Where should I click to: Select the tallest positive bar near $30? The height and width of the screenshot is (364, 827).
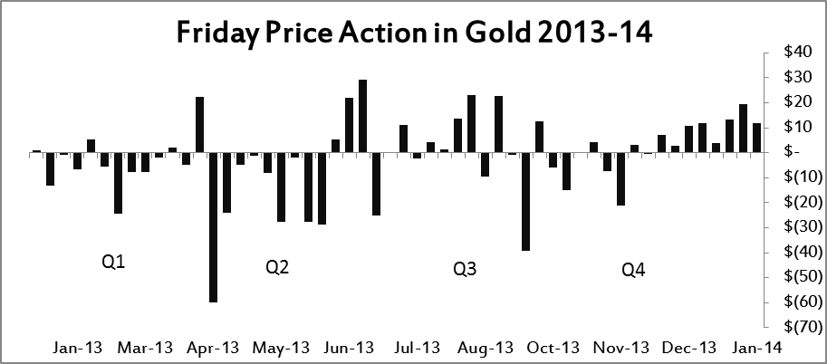coord(362,116)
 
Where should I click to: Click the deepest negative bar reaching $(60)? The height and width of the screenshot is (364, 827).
coord(213,240)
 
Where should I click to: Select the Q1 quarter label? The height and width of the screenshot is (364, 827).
coord(113,263)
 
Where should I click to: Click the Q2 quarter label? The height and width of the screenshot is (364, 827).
coord(277,267)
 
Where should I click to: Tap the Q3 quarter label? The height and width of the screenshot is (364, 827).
coord(465,269)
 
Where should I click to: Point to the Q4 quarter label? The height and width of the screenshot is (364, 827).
coord(634,269)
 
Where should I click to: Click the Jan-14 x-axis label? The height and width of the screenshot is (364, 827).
coord(762,347)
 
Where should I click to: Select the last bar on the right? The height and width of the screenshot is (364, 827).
coord(756,138)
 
